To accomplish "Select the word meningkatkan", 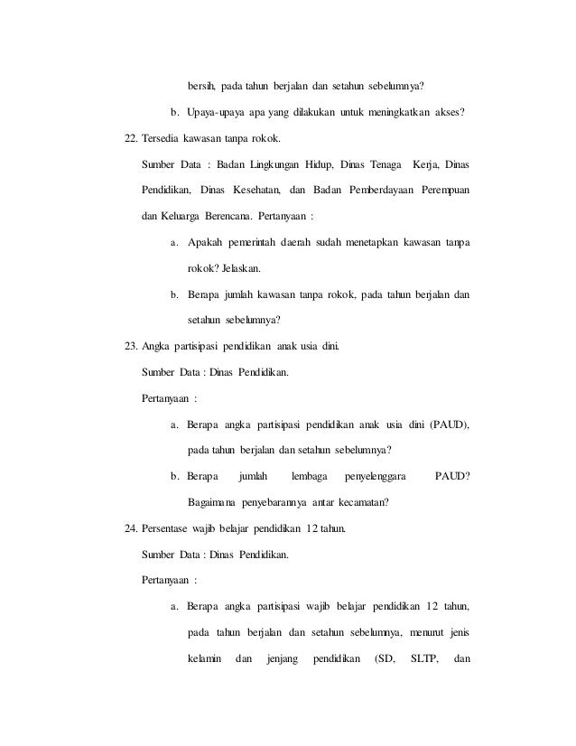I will point(401,113).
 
